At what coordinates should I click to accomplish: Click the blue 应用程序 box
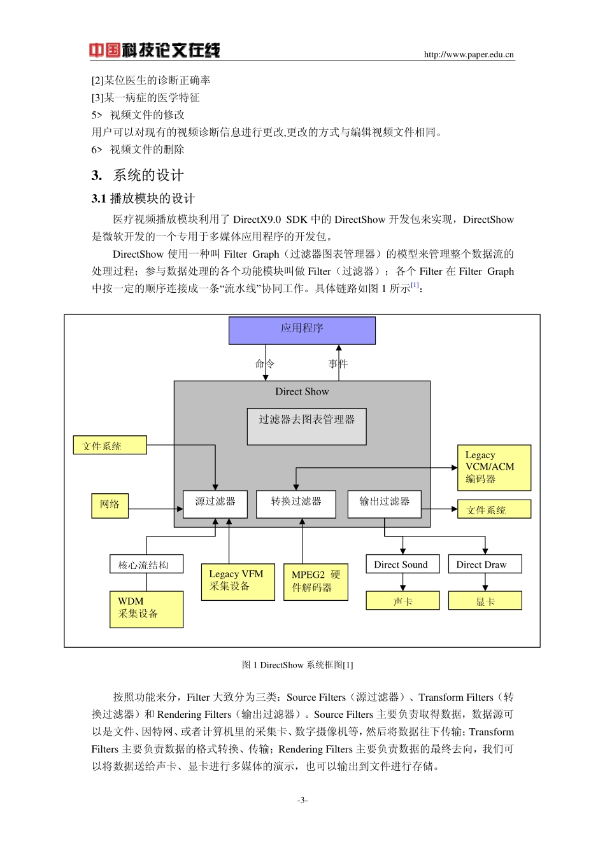click(302, 330)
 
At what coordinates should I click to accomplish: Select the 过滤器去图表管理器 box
click(306, 426)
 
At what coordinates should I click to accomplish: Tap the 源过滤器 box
click(215, 503)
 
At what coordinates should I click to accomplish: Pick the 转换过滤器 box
click(296, 503)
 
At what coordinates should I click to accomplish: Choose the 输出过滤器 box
click(384, 503)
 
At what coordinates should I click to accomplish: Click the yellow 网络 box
click(110, 505)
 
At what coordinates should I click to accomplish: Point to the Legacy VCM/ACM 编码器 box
click(494, 468)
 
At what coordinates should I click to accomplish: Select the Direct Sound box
click(402, 565)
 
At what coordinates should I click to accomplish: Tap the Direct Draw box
click(485, 565)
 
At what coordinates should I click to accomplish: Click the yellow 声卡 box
click(402, 601)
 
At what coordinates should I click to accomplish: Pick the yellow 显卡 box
click(485, 601)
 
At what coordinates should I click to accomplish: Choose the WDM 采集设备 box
click(146, 609)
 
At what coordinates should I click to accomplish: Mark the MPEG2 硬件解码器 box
click(316, 582)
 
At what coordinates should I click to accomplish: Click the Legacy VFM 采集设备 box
click(238, 580)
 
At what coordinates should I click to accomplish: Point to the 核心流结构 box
click(146, 565)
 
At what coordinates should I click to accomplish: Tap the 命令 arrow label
click(264, 364)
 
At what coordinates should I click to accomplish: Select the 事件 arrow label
click(338, 364)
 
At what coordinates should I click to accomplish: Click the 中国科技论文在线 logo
click(154, 50)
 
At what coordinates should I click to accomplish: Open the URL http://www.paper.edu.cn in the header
click(469, 55)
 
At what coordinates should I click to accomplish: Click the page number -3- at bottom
click(302, 800)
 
